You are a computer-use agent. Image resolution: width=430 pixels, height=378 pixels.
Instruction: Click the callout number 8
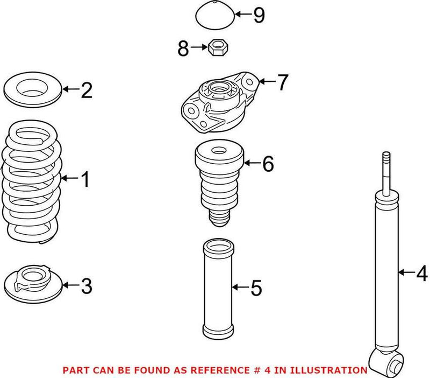coord(184,50)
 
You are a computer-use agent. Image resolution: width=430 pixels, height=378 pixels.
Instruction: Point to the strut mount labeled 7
coord(218,103)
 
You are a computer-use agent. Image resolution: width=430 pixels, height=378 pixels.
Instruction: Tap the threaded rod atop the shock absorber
coord(385,170)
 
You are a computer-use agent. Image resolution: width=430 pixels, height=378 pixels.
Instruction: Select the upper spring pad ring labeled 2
coord(33,89)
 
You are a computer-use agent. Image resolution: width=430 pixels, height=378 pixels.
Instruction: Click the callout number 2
coord(87,90)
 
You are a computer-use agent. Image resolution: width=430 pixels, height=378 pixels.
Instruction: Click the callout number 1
coord(85,179)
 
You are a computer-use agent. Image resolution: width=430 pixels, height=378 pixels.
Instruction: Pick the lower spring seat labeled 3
coord(33,283)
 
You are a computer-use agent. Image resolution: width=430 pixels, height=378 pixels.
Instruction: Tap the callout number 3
coord(87,285)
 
